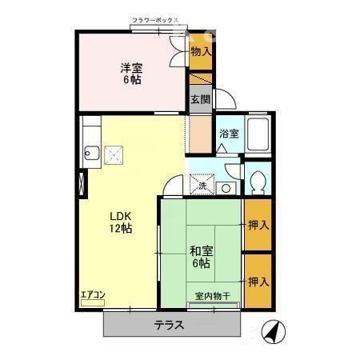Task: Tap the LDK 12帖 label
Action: click(121, 221)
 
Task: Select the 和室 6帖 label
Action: click(200, 255)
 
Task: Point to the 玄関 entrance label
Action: click(200, 99)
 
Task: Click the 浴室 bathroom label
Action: click(229, 134)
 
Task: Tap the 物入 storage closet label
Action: click(201, 52)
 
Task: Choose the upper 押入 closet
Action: click(257, 225)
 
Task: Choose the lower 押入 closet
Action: click(257, 282)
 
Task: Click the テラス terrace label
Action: click(170, 325)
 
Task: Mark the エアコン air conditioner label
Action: click(93, 294)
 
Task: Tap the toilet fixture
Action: click(258, 183)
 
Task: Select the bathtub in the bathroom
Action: click(258, 137)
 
